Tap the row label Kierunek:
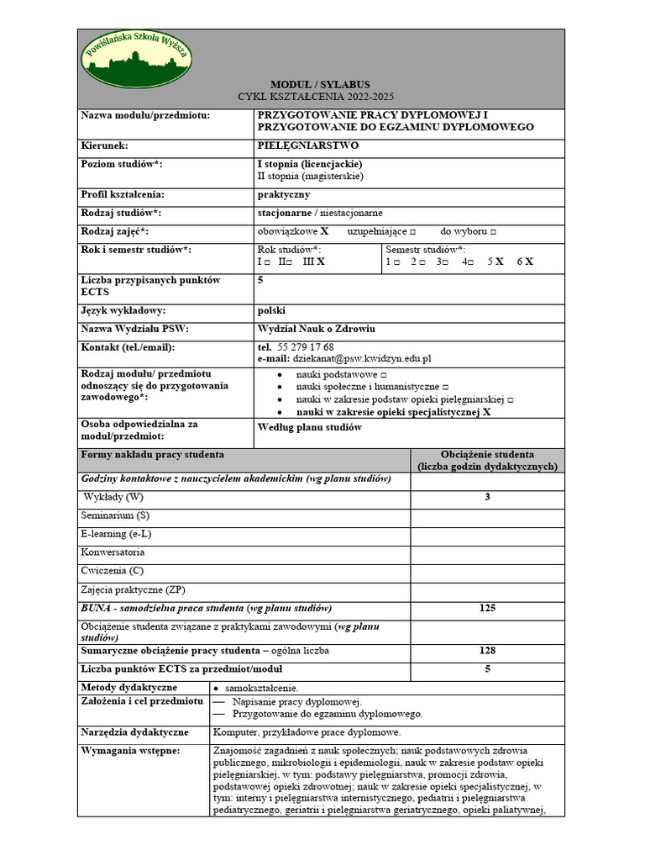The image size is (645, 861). click(x=105, y=145)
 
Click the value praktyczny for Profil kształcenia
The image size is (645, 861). click(x=283, y=195)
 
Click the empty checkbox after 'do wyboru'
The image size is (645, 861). click(x=492, y=231)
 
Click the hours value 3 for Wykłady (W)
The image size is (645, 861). click(x=487, y=498)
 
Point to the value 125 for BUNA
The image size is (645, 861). click(x=487, y=608)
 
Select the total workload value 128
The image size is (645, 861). click(x=487, y=651)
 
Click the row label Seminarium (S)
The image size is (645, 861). click(x=116, y=515)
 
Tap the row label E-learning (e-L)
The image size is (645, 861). click(x=117, y=534)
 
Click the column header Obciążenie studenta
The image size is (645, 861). click(x=487, y=455)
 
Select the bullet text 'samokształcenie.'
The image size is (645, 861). click(x=262, y=688)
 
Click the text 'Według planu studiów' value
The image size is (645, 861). click(x=309, y=427)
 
